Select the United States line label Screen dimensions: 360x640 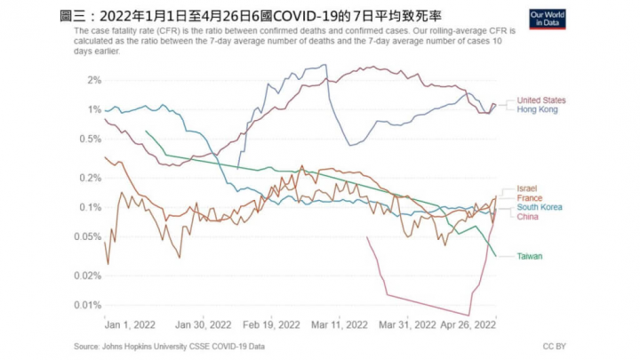click(x=541, y=100)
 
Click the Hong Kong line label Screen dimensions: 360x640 click(x=537, y=109)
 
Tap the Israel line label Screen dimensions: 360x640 click(x=527, y=189)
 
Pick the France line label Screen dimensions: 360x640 click(x=530, y=198)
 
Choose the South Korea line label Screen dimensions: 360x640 click(x=540, y=207)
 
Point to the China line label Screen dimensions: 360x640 click(x=528, y=217)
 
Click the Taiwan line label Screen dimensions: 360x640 click(x=531, y=256)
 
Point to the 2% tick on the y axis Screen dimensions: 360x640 click(x=92, y=80)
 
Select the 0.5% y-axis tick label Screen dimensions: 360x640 click(x=89, y=139)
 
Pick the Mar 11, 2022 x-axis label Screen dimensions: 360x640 click(x=339, y=324)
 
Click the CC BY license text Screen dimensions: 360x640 click(x=553, y=346)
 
